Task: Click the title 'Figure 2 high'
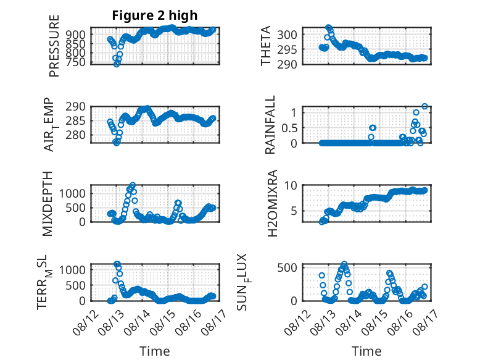[x=155, y=15]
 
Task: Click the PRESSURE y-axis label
[x=54, y=46]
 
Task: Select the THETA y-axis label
[x=266, y=46]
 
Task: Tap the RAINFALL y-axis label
[x=270, y=125]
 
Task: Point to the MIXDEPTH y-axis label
[x=48, y=204]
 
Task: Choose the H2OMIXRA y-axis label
[x=272, y=203]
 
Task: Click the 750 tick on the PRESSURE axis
[x=76, y=62]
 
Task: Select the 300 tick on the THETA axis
[x=287, y=35]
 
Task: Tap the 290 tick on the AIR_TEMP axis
[x=76, y=107]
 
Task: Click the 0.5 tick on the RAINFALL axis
[x=289, y=128]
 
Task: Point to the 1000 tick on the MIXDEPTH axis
[x=72, y=193]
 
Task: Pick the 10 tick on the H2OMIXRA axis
[x=291, y=185]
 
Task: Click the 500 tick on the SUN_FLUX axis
[x=287, y=267]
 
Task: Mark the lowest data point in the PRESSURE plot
[x=117, y=64]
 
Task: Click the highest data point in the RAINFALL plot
[x=424, y=106]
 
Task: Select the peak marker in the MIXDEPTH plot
[x=133, y=185]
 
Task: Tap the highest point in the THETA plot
[x=328, y=28]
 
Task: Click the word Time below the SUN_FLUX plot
[x=366, y=351]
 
